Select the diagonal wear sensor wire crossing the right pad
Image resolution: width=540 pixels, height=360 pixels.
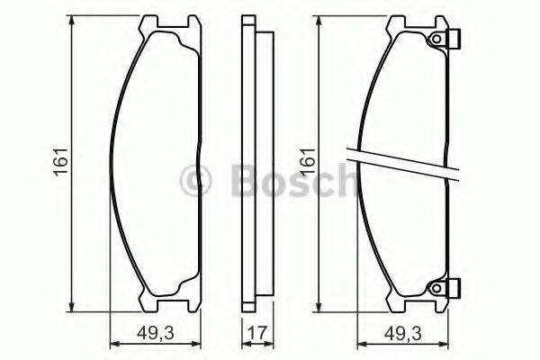pos(405,164)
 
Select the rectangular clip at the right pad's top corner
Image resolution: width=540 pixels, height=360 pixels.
pos(455,40)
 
